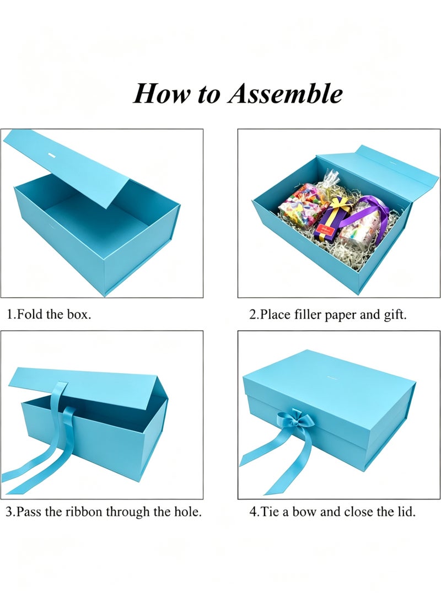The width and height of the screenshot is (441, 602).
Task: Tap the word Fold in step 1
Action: pos(30,314)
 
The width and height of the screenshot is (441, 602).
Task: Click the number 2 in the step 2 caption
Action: pos(252,315)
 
